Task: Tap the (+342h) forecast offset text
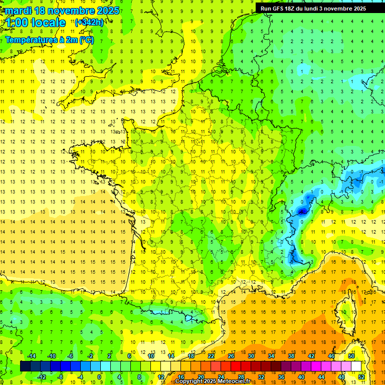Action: [89, 22]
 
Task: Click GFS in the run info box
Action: [280, 9]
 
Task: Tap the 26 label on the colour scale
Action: [231, 356]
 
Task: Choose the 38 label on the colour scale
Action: [291, 356]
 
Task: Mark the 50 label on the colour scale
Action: [351, 356]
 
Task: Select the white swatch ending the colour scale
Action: [356, 366]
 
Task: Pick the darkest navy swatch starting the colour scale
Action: [25, 366]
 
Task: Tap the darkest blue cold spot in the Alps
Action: [302, 212]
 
